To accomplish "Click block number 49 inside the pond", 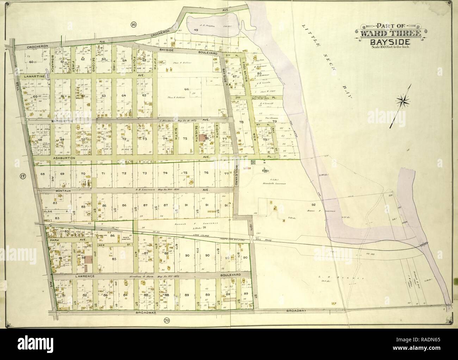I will tap(196, 30).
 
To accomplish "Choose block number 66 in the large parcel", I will tap(186, 89).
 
